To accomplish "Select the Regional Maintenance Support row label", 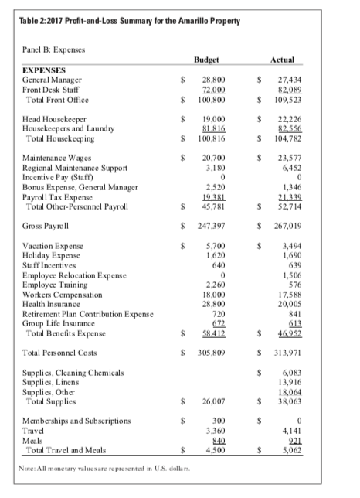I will click(75, 166).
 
